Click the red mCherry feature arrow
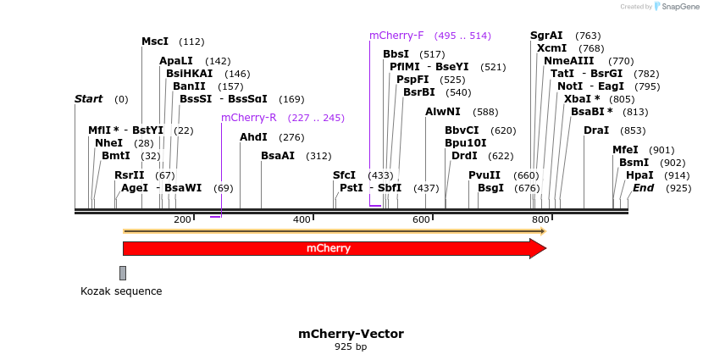click(330, 248)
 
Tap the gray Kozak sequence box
click(123, 273)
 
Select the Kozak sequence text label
click(121, 291)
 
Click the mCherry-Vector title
click(351, 334)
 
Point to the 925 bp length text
click(351, 346)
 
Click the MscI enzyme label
click(155, 42)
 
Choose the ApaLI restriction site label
click(176, 61)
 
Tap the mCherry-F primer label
click(396, 36)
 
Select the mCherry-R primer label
click(249, 118)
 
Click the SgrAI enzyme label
click(546, 36)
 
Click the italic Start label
click(88, 99)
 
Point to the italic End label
click(643, 187)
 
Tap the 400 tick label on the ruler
click(302, 219)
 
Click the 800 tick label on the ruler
click(540, 219)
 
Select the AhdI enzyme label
click(253, 137)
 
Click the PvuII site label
click(484, 174)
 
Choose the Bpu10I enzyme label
click(466, 143)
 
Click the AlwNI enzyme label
click(443, 112)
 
